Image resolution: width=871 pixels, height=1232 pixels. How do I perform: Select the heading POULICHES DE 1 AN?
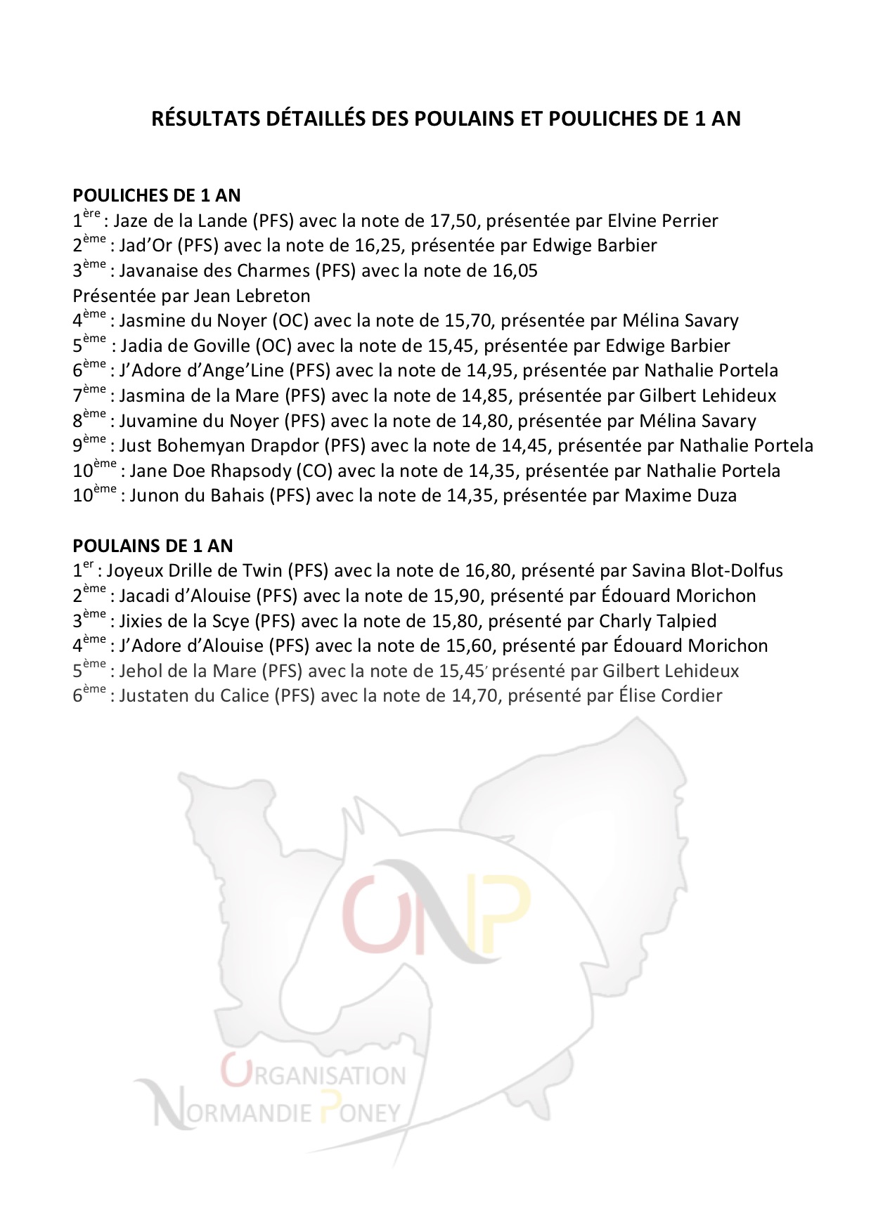point(157,195)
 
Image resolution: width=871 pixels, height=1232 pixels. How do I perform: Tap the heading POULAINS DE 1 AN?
point(153,546)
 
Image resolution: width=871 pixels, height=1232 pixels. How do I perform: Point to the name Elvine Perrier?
point(662,221)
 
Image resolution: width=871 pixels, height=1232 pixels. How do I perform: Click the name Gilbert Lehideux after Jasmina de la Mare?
point(707,396)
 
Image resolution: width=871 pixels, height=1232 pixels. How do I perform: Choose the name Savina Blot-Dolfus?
point(707,571)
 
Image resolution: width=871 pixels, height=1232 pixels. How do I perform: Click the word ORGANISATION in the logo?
point(314,1075)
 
